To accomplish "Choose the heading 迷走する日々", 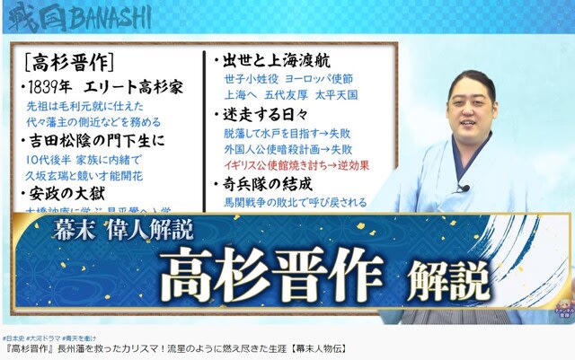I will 261,114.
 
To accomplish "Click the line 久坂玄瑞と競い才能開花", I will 83,176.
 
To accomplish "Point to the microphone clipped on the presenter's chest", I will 463,189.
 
